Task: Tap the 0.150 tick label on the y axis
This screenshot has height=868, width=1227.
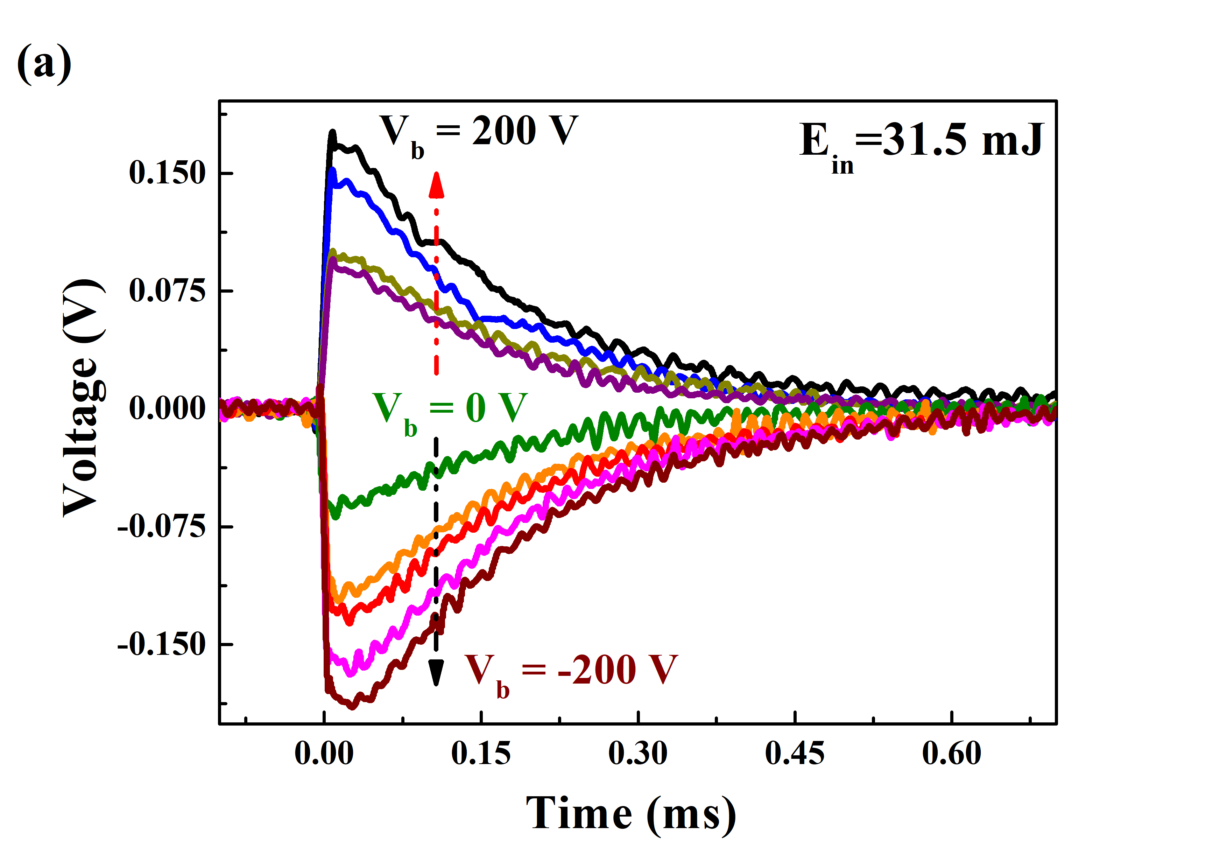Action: (x=167, y=173)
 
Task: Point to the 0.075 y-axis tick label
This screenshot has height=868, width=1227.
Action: (x=167, y=291)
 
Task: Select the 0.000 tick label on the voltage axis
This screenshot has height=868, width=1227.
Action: (x=167, y=409)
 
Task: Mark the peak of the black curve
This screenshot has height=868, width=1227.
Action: (x=332, y=132)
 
